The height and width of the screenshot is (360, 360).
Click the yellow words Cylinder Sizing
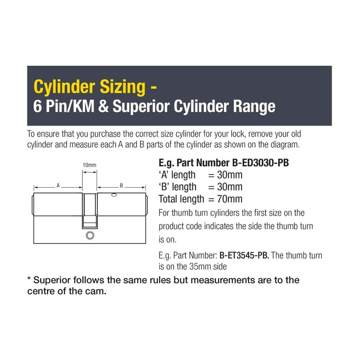click(x=90, y=87)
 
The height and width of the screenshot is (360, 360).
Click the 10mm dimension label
click(x=89, y=165)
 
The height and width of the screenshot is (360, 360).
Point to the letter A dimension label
click(x=58, y=185)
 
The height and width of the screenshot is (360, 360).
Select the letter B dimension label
click(x=121, y=185)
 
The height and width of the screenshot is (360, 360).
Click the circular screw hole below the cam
click(x=90, y=235)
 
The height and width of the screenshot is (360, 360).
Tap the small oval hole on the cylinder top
click(x=114, y=195)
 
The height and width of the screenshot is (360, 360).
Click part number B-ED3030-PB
click(x=261, y=163)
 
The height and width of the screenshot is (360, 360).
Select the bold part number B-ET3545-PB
click(x=244, y=255)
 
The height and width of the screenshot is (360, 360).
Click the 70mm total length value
click(x=229, y=199)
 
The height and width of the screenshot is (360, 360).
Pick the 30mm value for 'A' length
click(x=229, y=175)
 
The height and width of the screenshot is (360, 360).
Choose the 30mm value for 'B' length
click(x=229, y=187)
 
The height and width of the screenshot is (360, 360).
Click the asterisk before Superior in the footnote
click(x=29, y=279)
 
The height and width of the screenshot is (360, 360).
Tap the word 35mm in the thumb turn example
click(x=199, y=266)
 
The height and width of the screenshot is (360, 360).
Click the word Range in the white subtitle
click(x=254, y=107)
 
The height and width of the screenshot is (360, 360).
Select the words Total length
click(x=181, y=199)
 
